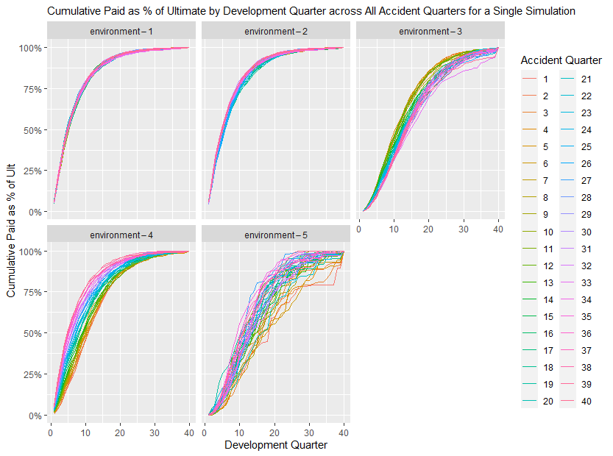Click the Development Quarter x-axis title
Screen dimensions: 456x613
pyautogui.click(x=276, y=445)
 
